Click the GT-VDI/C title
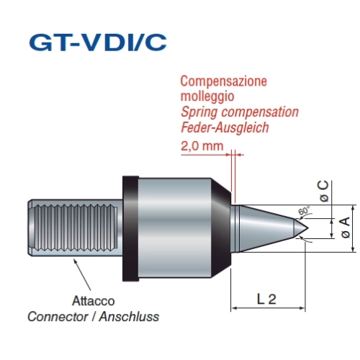pos(98,42)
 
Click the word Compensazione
pos(223,81)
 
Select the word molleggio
pos(207,96)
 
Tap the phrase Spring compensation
pos(240,112)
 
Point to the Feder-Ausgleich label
pos(225,127)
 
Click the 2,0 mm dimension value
pos(202,145)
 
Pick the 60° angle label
pos(304,210)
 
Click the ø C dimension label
pos(324,192)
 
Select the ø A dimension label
pos(346,228)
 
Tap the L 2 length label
pos(266,300)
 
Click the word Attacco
pos(94,301)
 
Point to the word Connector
pos(58,317)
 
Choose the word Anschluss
pos(129,317)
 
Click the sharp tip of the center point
pos(308,228)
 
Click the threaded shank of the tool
pos(75,228)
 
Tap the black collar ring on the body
pos(130,229)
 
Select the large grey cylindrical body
pos(175,228)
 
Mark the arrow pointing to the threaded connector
pos(82,274)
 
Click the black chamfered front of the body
pos(221,228)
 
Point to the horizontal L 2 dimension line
pos(268,308)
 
